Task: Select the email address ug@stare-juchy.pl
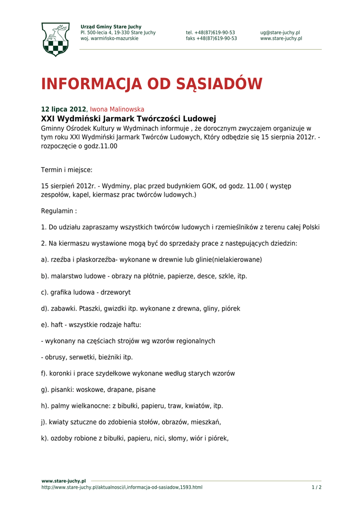click(x=280, y=33)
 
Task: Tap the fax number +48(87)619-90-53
click(x=211, y=39)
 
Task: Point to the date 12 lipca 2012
click(x=63, y=109)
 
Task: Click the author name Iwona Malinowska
click(x=117, y=109)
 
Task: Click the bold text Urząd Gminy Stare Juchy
click(x=111, y=27)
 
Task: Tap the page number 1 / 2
click(x=316, y=487)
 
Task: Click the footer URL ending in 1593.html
click(x=122, y=487)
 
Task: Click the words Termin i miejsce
click(x=67, y=170)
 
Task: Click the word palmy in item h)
click(x=60, y=406)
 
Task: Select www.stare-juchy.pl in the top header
click(x=281, y=39)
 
